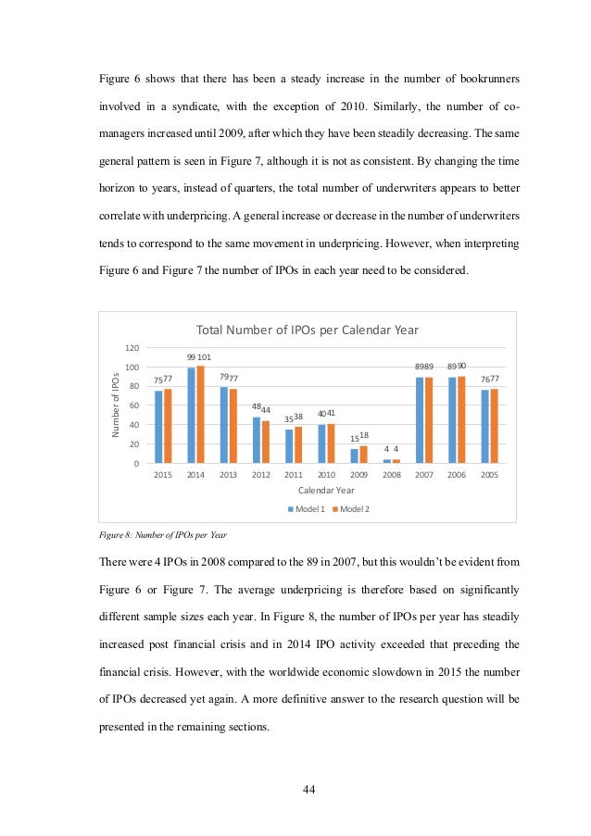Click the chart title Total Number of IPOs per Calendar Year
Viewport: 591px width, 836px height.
point(306,330)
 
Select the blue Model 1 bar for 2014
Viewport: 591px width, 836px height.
point(192,416)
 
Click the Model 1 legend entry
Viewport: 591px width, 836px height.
point(306,509)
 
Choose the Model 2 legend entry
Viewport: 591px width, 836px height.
point(351,509)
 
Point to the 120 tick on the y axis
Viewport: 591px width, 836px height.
point(132,348)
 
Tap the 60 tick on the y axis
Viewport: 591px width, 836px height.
point(134,406)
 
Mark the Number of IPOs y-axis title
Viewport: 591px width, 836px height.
point(116,405)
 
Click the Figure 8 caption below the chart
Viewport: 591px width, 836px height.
point(162,535)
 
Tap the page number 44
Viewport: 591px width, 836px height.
point(309,789)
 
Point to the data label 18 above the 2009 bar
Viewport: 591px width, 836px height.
point(364,434)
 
